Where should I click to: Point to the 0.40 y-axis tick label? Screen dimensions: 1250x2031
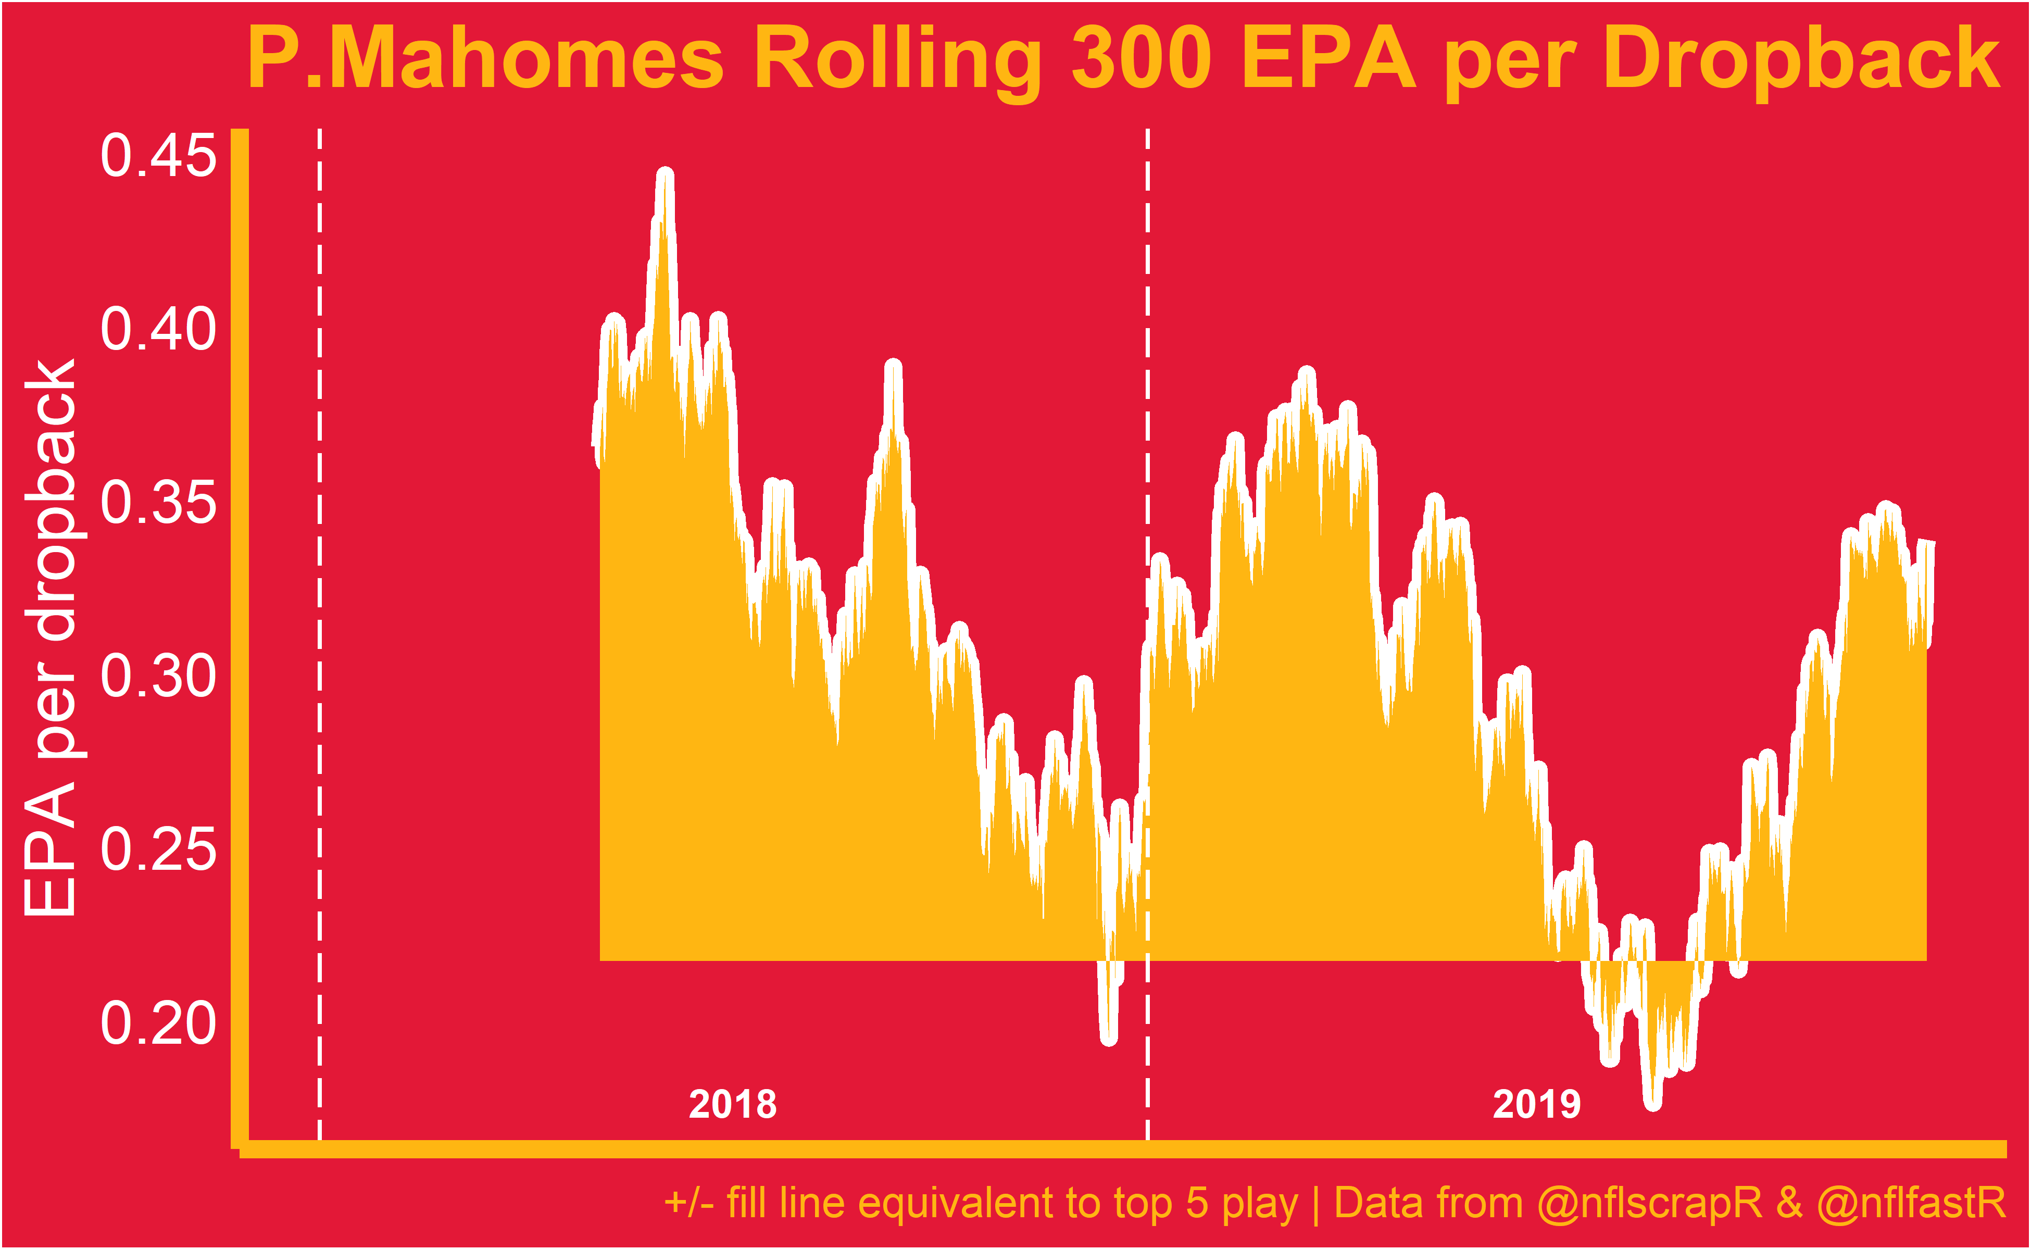pyautogui.click(x=158, y=329)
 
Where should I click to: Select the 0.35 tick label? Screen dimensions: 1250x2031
pyautogui.click(x=158, y=503)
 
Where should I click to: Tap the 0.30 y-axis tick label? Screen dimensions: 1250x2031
pyautogui.click(x=158, y=676)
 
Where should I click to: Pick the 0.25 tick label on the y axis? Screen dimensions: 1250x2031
pyautogui.click(x=158, y=850)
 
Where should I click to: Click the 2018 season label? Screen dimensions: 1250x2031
pyautogui.click(x=732, y=1105)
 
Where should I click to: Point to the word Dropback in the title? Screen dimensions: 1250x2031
pyautogui.click(x=1801, y=59)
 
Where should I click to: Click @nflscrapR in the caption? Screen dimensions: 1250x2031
pyautogui.click(x=1650, y=1203)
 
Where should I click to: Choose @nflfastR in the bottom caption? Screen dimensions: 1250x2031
pyautogui.click(x=1911, y=1203)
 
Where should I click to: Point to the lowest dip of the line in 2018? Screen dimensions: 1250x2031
pyautogui.click(x=1109, y=1039)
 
